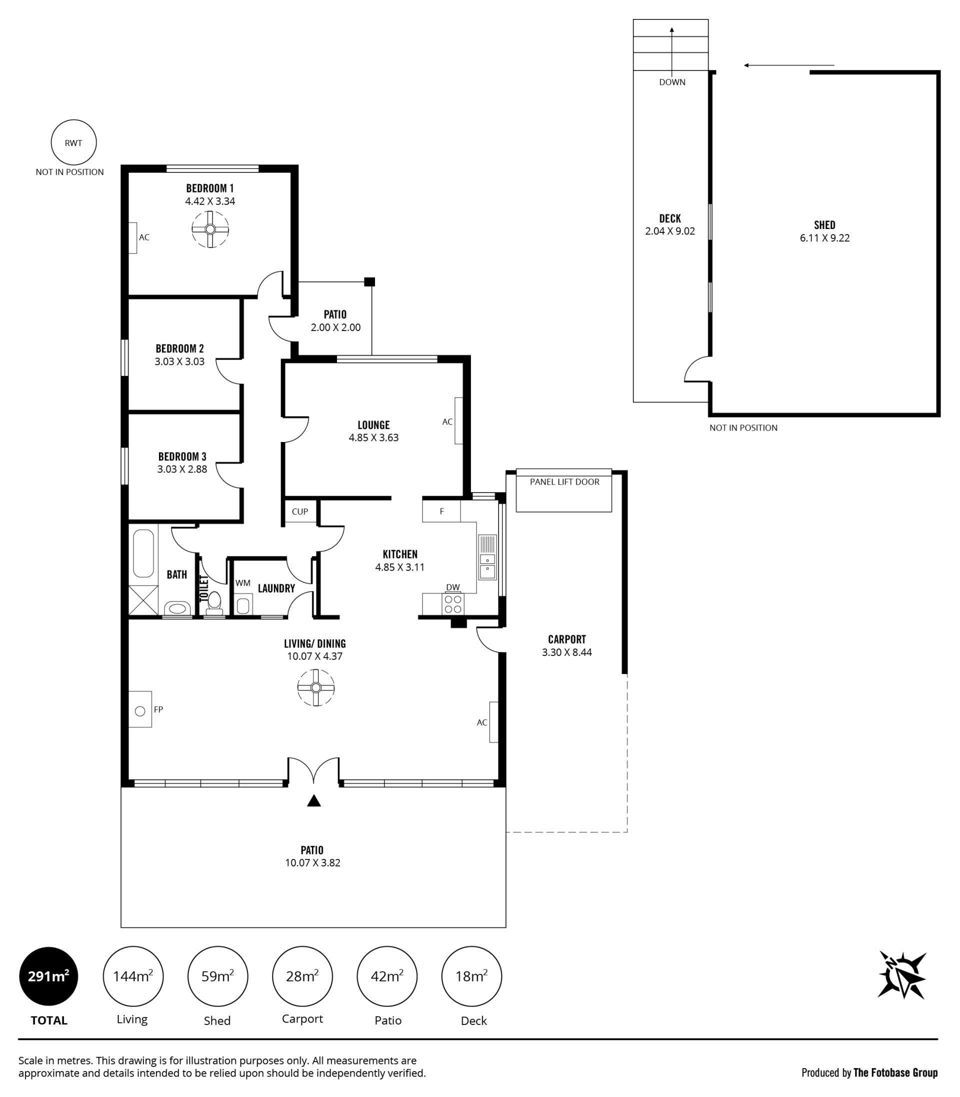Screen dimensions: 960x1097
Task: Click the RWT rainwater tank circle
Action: [x=74, y=142]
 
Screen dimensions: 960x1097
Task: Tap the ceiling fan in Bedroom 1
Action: [x=210, y=229]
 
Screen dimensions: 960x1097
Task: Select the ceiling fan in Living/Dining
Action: [x=316, y=688]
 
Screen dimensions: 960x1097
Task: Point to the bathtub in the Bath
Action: [x=143, y=553]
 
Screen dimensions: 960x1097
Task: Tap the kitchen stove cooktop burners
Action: [x=453, y=604]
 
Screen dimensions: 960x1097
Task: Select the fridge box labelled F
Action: [x=441, y=511]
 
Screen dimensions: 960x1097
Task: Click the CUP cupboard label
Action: [x=300, y=511]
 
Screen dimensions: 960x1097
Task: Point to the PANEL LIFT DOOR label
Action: [x=564, y=481]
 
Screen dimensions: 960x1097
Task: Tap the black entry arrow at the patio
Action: [x=314, y=801]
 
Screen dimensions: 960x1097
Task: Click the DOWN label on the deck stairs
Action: [x=672, y=82]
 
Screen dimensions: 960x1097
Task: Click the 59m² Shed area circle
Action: [x=217, y=976]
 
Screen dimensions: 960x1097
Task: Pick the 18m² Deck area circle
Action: [x=471, y=976]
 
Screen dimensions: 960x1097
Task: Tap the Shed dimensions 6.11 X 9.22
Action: [x=825, y=238]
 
